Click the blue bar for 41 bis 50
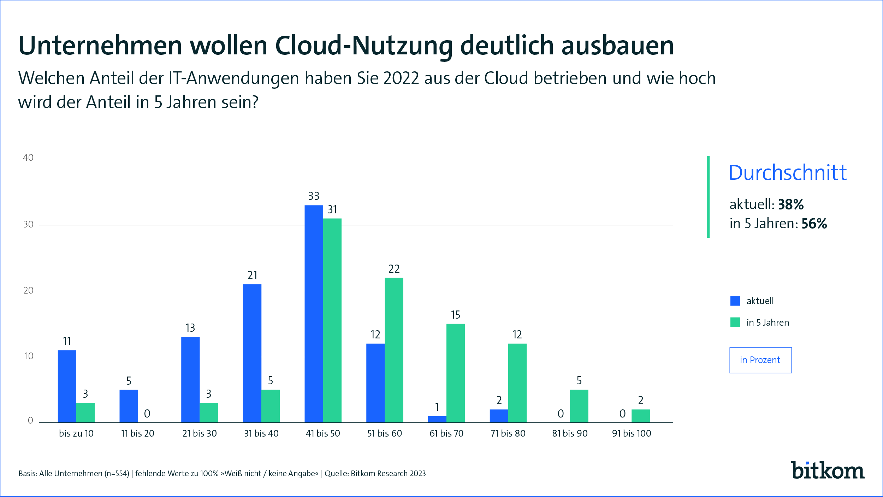(x=314, y=314)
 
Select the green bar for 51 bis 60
(x=394, y=350)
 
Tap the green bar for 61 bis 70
(x=456, y=373)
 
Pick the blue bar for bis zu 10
(x=67, y=386)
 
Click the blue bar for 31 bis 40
(x=252, y=353)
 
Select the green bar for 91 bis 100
(x=641, y=416)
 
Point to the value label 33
(x=314, y=196)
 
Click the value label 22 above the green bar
(x=394, y=269)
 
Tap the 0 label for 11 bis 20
(x=147, y=414)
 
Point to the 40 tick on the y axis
(x=28, y=158)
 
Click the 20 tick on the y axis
(x=28, y=291)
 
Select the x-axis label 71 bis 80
(x=508, y=433)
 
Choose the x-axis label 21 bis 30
(x=200, y=433)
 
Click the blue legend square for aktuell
(x=735, y=301)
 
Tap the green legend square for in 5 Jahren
(x=735, y=322)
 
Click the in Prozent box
(x=760, y=360)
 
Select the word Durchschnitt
(x=788, y=173)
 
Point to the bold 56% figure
(x=814, y=224)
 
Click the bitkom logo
(x=828, y=471)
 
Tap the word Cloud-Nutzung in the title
(x=364, y=46)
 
